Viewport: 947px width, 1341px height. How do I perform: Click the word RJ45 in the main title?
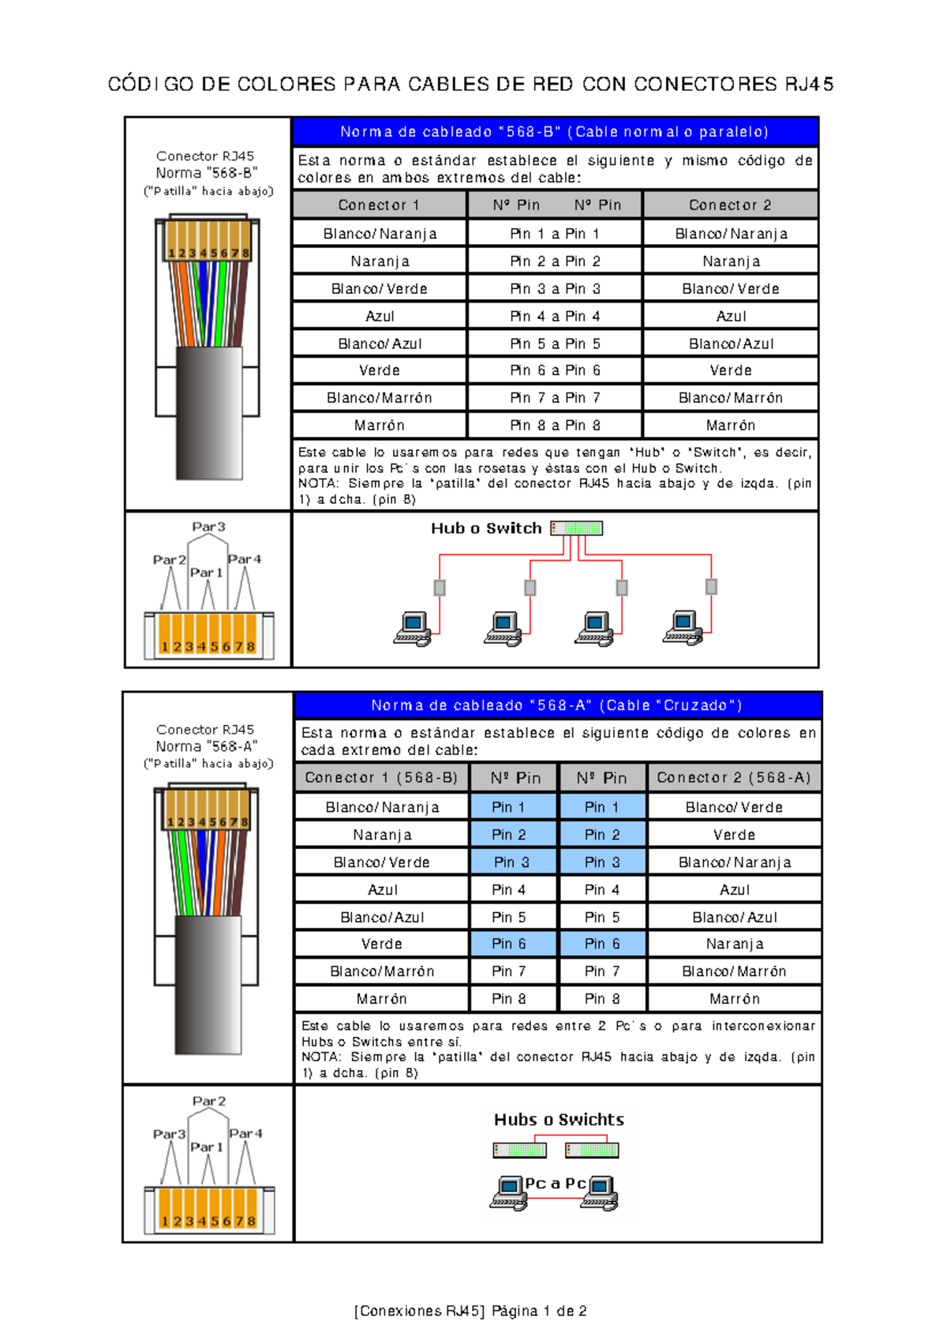pos(809,85)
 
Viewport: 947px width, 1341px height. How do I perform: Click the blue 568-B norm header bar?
pos(554,132)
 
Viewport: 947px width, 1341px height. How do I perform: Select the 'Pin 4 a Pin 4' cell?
pos(555,316)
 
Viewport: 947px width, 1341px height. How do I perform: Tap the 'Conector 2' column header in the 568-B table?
pos(730,205)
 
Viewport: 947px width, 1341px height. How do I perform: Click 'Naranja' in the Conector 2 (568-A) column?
pos(735,944)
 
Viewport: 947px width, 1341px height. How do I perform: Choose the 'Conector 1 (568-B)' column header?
pos(381,778)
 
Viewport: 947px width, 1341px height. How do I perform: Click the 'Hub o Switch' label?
pos(486,528)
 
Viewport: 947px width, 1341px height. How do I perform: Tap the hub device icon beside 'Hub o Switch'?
pos(577,528)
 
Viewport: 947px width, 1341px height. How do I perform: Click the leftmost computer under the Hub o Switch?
pos(413,629)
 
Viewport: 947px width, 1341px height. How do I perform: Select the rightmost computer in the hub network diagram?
pos(683,628)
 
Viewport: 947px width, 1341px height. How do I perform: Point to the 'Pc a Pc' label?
pos(556,1183)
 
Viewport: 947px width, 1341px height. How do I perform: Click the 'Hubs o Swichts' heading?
pos(559,1119)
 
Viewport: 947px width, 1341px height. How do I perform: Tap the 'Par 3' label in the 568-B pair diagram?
pos(208,527)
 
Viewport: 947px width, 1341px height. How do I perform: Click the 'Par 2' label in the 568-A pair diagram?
pos(209,1101)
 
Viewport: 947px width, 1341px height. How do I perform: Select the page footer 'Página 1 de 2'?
pos(539,1311)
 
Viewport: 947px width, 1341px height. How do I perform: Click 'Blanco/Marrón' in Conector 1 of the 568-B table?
pos(380,398)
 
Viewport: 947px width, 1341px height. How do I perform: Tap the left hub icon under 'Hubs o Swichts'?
pos(519,1150)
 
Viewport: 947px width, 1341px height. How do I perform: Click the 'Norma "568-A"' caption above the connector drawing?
pos(206,746)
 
